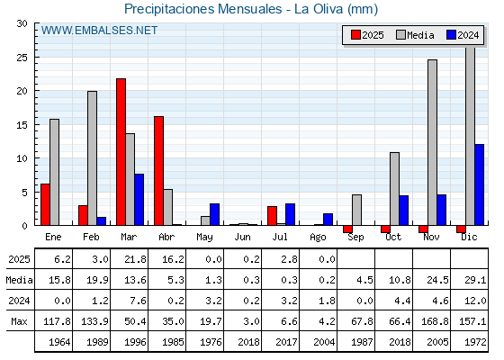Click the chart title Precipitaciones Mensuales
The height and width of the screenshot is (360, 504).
coord(203,9)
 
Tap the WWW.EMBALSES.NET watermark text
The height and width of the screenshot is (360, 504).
coord(99,31)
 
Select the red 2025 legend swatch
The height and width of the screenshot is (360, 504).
coord(355,35)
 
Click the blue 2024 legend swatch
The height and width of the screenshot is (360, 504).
coord(452,35)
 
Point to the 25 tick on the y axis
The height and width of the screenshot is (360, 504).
coord(22,58)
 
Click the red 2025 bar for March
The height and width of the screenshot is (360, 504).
coord(121,152)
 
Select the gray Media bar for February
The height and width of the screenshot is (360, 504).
coord(92,158)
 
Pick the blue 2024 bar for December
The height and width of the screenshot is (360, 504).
coord(479,184)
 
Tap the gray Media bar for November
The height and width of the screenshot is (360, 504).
coord(432,142)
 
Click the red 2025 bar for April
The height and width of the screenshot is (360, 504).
coord(158,171)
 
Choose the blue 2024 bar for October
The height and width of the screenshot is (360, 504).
coord(404,211)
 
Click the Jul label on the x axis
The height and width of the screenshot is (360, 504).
coord(280,238)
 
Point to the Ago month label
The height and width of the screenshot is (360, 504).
coord(318,238)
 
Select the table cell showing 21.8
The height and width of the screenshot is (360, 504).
coord(135,259)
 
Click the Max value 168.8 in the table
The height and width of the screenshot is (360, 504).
coord(435,321)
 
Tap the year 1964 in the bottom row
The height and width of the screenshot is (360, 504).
coord(59,342)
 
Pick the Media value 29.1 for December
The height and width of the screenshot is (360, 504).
coord(475,280)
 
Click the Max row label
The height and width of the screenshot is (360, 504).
coord(19,321)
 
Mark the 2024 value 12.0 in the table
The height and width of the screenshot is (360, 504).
coord(475,301)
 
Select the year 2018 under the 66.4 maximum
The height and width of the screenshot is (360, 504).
coord(400,342)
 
